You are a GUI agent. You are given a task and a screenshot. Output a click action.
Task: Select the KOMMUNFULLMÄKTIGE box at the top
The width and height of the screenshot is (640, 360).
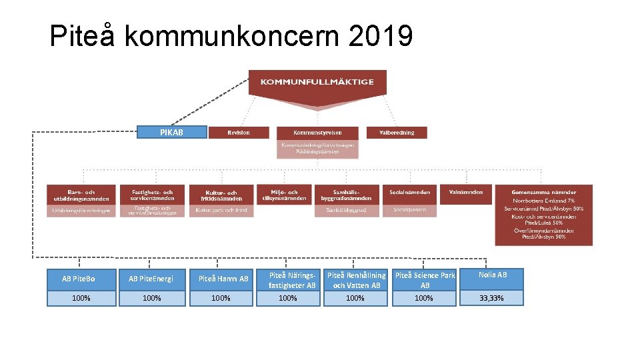317,82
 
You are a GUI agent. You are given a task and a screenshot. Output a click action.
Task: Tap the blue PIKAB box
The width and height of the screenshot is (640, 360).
171,132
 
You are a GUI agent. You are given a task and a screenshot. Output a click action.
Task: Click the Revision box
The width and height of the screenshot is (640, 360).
239,133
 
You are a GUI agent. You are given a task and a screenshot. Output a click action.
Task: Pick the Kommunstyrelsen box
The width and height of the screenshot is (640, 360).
317,133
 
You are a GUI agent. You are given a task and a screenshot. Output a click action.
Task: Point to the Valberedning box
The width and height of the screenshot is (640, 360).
397,133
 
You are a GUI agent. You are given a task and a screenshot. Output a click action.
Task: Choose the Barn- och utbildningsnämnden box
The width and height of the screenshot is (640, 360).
81,194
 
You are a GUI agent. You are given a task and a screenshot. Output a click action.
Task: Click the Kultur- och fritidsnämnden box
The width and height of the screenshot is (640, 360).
220,195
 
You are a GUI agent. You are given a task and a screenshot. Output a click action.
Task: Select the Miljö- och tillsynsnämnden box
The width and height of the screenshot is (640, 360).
284,194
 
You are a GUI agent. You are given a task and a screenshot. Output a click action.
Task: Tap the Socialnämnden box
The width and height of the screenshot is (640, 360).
409,193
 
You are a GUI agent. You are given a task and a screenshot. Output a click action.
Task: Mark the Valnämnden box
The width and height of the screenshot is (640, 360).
466,193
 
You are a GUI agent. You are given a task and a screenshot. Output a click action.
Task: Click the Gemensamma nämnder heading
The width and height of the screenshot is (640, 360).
543,192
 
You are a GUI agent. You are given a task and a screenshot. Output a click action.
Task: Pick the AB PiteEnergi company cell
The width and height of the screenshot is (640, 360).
151,279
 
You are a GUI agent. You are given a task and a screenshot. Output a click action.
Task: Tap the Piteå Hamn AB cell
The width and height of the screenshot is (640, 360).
222,279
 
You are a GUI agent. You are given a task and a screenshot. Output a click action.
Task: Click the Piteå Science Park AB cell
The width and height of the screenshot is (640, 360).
424,279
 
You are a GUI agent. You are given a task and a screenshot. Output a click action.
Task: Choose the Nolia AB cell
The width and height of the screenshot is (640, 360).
492,275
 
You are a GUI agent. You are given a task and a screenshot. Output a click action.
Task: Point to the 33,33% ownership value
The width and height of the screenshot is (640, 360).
492,298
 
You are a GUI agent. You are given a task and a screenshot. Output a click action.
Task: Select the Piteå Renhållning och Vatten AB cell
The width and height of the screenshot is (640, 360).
355,279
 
